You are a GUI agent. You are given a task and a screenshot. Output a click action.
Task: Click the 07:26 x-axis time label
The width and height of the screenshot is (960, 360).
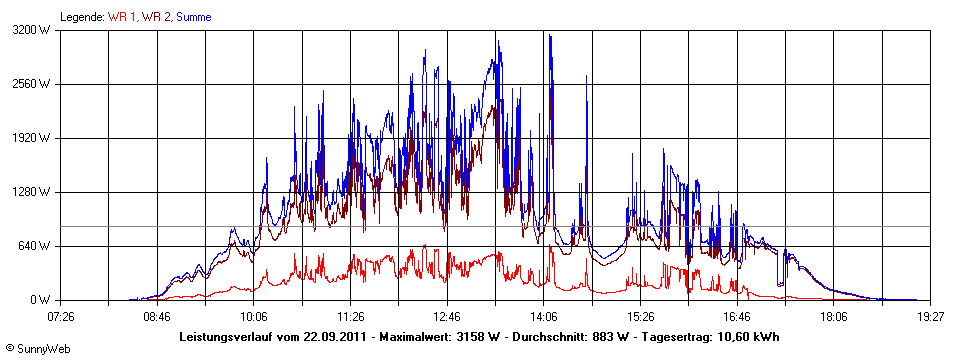[60, 316]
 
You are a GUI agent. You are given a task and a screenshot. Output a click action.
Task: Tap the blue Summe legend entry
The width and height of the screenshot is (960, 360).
[193, 17]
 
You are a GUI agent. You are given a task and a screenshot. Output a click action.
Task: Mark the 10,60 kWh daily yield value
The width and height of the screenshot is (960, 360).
[747, 336]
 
